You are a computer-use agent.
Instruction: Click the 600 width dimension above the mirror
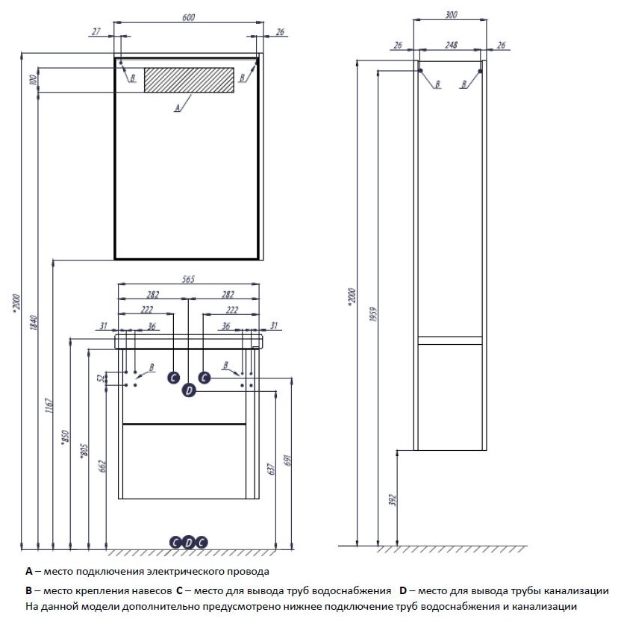click(187, 17)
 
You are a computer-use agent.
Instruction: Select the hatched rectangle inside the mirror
click(189, 80)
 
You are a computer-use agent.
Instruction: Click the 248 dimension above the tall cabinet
click(450, 46)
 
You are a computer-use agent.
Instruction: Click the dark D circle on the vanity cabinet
click(189, 390)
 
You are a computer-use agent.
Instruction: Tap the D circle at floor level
click(189, 542)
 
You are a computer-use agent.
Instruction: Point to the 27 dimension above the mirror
click(95, 32)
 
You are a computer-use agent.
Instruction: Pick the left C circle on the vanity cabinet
click(173, 378)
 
